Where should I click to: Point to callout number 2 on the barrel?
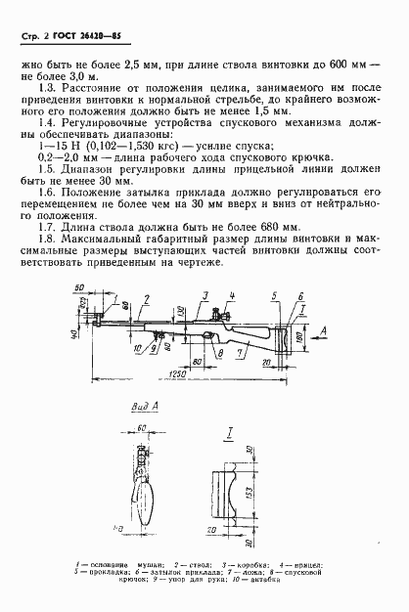[x=145, y=294]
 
